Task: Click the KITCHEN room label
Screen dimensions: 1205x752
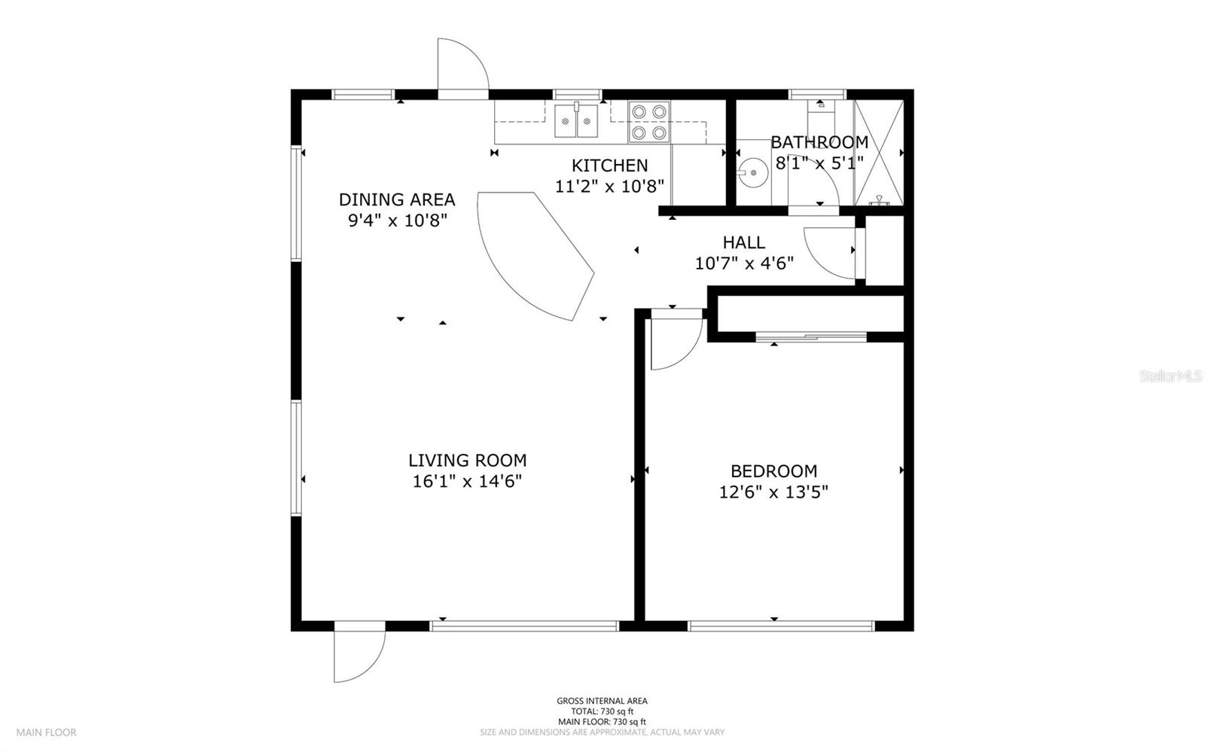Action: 609,165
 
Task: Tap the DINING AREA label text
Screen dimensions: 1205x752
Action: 397,199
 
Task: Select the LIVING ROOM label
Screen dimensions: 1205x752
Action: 468,460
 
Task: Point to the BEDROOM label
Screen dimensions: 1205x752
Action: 773,471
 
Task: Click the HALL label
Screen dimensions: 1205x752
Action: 744,242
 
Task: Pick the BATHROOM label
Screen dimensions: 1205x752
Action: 819,142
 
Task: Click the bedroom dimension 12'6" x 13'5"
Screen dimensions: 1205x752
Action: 773,492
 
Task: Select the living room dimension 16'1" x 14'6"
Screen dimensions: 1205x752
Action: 468,481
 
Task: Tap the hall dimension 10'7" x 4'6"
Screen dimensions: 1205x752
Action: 744,263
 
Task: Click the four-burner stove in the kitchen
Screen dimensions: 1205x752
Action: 648,122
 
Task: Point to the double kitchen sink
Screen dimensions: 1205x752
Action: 576,121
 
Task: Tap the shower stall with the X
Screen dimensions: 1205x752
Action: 878,153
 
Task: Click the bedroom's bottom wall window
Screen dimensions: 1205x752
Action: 781,626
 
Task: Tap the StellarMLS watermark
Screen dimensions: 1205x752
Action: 1170,376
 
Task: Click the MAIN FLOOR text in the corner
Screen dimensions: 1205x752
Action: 46,732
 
